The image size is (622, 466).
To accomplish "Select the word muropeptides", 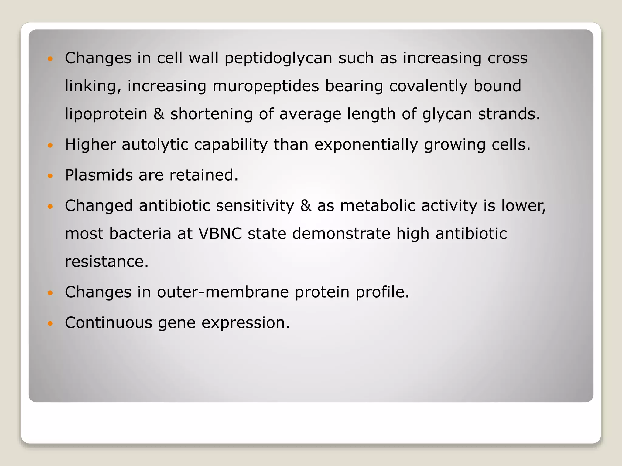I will [x=265, y=86].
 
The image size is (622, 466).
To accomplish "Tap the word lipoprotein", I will [x=106, y=114].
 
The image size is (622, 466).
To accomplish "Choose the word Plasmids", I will [x=99, y=175].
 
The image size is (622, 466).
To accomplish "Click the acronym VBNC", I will [x=220, y=234].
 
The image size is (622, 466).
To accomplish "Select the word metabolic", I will [x=378, y=206].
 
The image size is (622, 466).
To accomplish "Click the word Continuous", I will [x=108, y=322].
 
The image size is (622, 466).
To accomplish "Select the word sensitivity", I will [x=255, y=206].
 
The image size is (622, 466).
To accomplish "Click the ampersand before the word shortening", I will [x=159, y=114].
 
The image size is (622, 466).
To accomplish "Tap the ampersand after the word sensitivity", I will [x=306, y=206].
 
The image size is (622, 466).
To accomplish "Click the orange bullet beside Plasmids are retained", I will [x=50, y=176].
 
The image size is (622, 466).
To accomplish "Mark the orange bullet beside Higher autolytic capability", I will [x=50, y=145].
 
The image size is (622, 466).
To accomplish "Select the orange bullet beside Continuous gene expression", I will [x=50, y=323].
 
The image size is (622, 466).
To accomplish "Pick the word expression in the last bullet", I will [x=245, y=323].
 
